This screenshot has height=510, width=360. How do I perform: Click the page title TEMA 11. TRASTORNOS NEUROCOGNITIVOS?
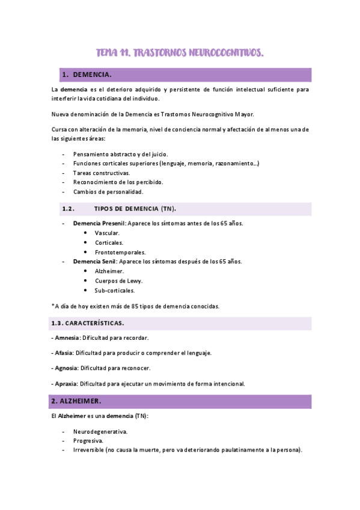[x=180, y=54]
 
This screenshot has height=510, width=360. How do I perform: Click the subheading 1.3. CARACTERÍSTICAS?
[x=88, y=323]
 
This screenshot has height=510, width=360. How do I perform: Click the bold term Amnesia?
[x=67, y=338]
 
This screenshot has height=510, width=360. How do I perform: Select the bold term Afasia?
[x=66, y=353]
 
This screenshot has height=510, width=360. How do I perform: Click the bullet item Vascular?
[x=107, y=233]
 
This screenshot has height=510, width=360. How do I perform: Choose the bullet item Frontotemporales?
[x=120, y=252]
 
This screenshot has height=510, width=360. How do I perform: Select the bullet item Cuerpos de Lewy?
[x=118, y=281]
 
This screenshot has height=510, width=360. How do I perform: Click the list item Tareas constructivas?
[x=102, y=173]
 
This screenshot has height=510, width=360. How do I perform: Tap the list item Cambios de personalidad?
[x=108, y=192]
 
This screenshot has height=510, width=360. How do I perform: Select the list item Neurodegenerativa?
[x=100, y=431]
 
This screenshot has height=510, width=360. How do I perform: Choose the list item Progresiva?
[x=89, y=441]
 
